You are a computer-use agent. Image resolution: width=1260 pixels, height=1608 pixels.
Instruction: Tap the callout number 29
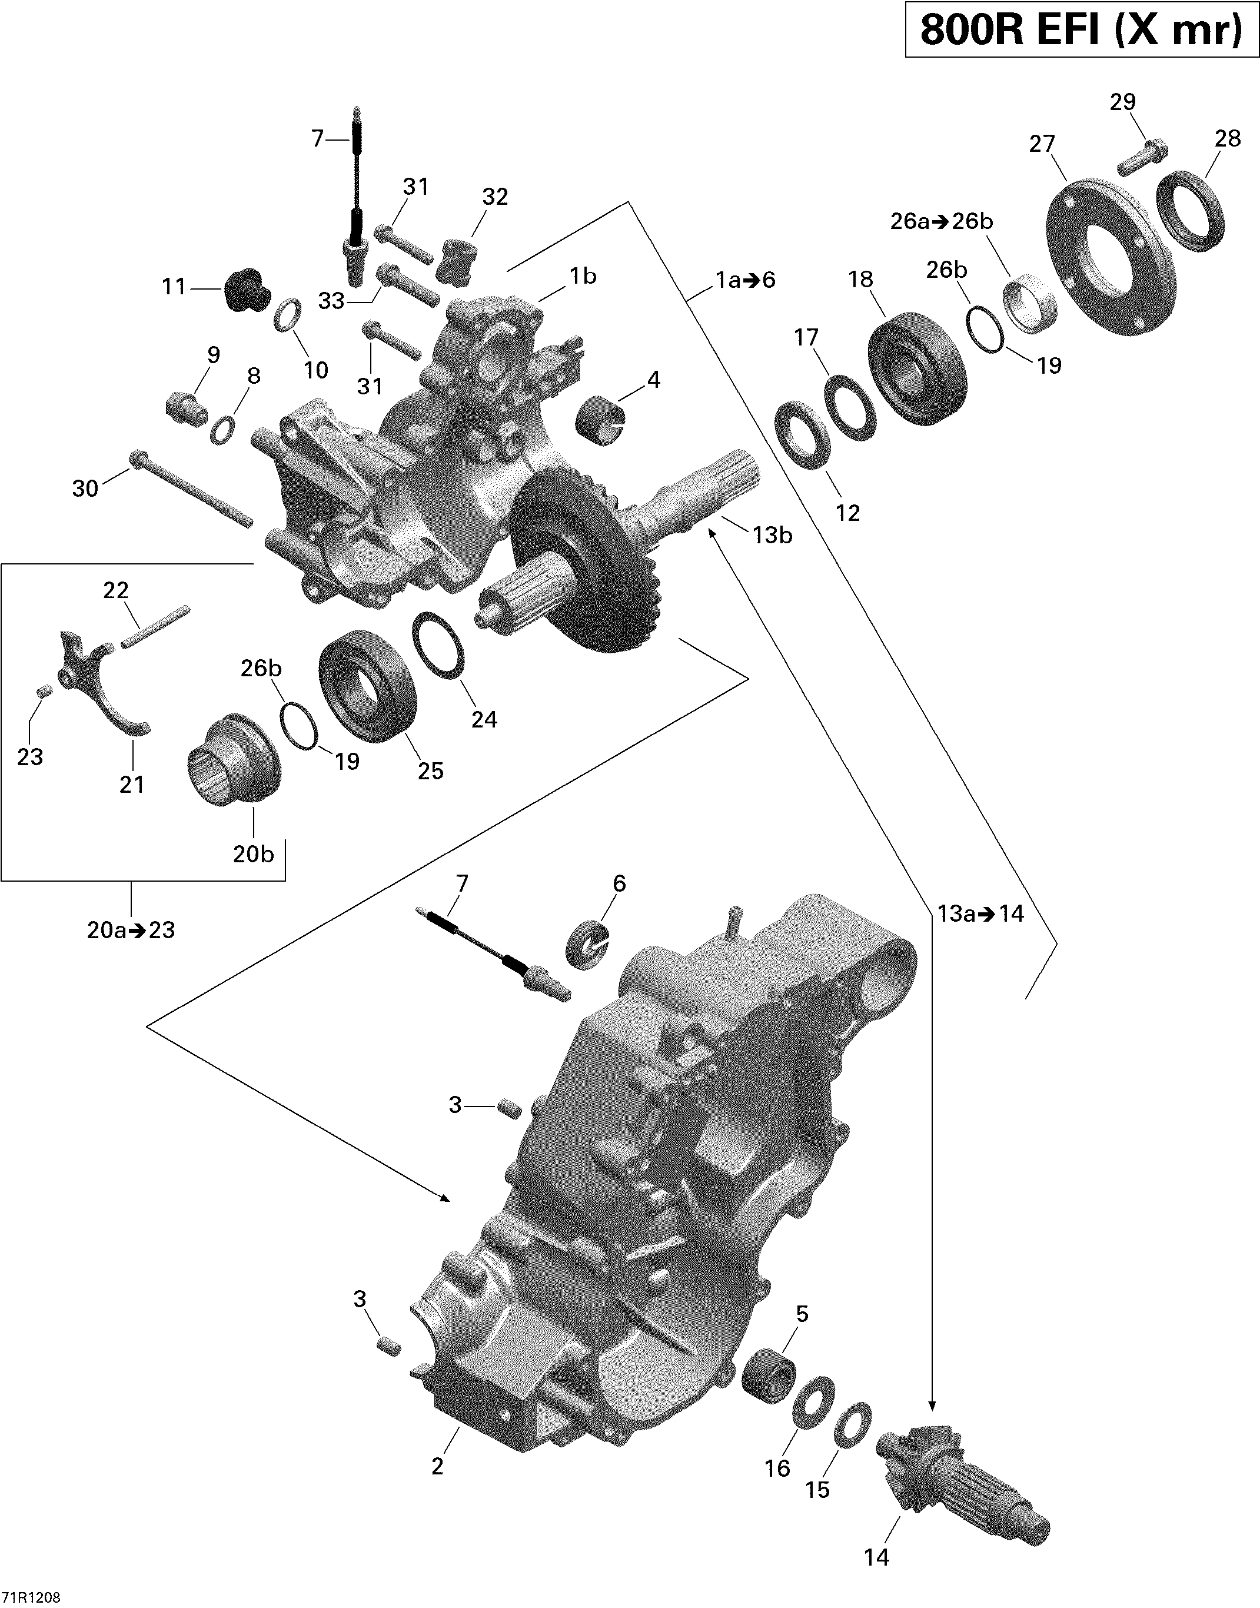tap(1122, 102)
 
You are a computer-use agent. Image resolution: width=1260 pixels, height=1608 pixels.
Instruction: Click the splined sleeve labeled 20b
tap(232, 760)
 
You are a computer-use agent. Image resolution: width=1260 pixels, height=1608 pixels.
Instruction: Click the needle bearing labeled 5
tap(768, 1378)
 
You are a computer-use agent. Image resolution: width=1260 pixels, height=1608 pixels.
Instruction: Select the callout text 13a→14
tap(980, 914)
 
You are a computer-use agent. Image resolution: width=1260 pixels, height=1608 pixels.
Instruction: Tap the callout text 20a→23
tap(131, 930)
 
